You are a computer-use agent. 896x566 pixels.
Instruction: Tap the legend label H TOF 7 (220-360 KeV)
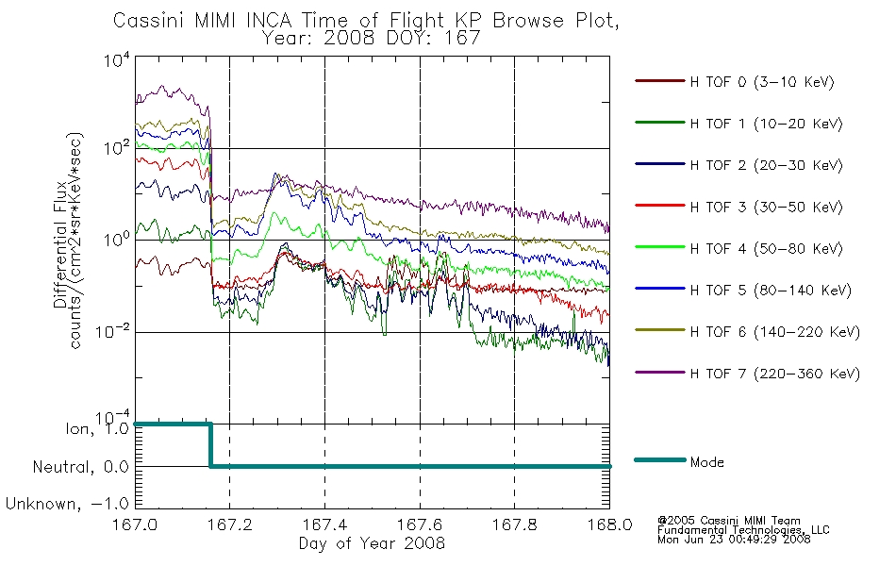[x=775, y=374]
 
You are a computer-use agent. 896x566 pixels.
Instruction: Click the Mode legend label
[x=706, y=462]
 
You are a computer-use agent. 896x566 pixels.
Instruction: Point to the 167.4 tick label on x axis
[x=324, y=524]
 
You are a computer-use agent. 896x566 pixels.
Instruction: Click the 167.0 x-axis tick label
[x=135, y=524]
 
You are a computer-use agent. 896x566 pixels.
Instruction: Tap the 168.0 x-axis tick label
[x=609, y=524]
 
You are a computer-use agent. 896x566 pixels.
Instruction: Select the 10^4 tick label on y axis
[x=117, y=59]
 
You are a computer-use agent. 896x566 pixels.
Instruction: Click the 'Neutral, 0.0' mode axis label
[x=80, y=467]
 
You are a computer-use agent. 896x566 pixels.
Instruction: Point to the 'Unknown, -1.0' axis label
[x=67, y=504]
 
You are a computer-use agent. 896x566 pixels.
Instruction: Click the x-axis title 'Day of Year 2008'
[x=372, y=543]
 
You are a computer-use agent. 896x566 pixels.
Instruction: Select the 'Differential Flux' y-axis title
[x=60, y=243]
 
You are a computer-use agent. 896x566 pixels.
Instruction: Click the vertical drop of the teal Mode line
[x=211, y=445]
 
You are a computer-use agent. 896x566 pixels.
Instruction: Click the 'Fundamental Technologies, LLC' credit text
[x=743, y=530]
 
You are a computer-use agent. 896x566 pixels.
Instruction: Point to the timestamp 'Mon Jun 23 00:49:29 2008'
[x=734, y=540]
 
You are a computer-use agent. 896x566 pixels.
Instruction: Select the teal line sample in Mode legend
[x=660, y=460]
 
